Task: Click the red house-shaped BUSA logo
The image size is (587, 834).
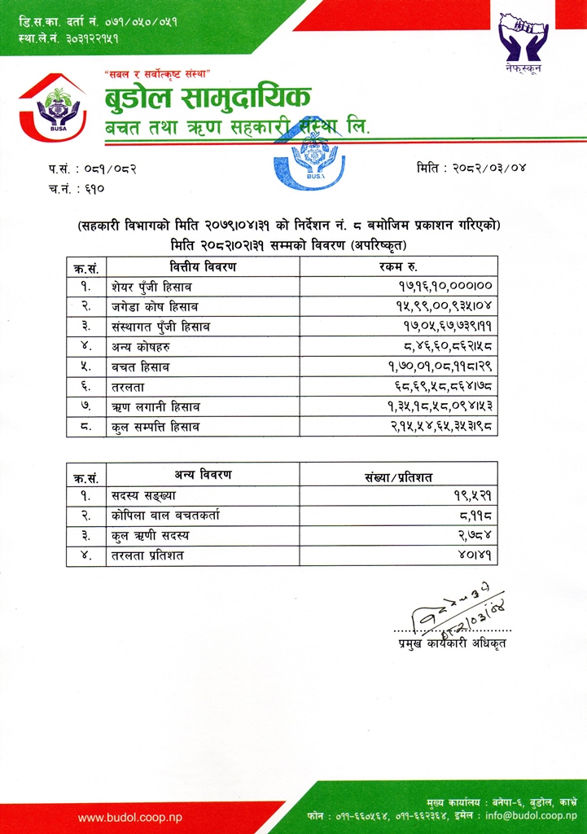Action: coord(52,110)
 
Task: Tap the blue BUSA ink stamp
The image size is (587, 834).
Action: coord(309,157)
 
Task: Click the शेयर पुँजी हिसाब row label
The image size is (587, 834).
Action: coord(152,287)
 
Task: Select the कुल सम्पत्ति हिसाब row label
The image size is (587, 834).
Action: coord(156,427)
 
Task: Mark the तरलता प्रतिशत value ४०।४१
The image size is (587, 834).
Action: coord(480,556)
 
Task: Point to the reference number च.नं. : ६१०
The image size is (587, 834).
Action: coord(77,188)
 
